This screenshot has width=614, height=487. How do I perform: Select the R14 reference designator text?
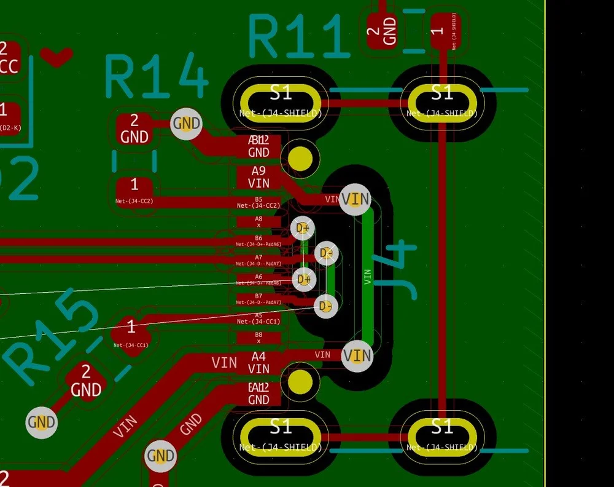click(x=157, y=77)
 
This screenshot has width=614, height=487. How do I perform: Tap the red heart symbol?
click(x=56, y=56)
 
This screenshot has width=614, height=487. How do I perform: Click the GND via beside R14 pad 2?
click(x=186, y=123)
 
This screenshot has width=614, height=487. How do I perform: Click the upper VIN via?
click(x=356, y=199)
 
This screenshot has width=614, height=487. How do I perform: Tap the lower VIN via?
click(x=357, y=355)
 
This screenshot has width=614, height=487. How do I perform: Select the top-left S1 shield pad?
click(x=281, y=98)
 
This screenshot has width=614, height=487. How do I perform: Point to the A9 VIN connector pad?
click(x=258, y=177)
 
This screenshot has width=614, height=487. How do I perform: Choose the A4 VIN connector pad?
click(x=258, y=363)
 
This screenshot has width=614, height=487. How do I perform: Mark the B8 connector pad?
click(x=258, y=337)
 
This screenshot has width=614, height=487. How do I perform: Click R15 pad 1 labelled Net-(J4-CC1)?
click(x=131, y=332)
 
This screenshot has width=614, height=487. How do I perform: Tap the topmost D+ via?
click(x=303, y=229)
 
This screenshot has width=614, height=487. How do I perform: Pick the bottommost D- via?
click(x=325, y=306)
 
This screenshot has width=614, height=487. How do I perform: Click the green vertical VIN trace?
click(x=367, y=277)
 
